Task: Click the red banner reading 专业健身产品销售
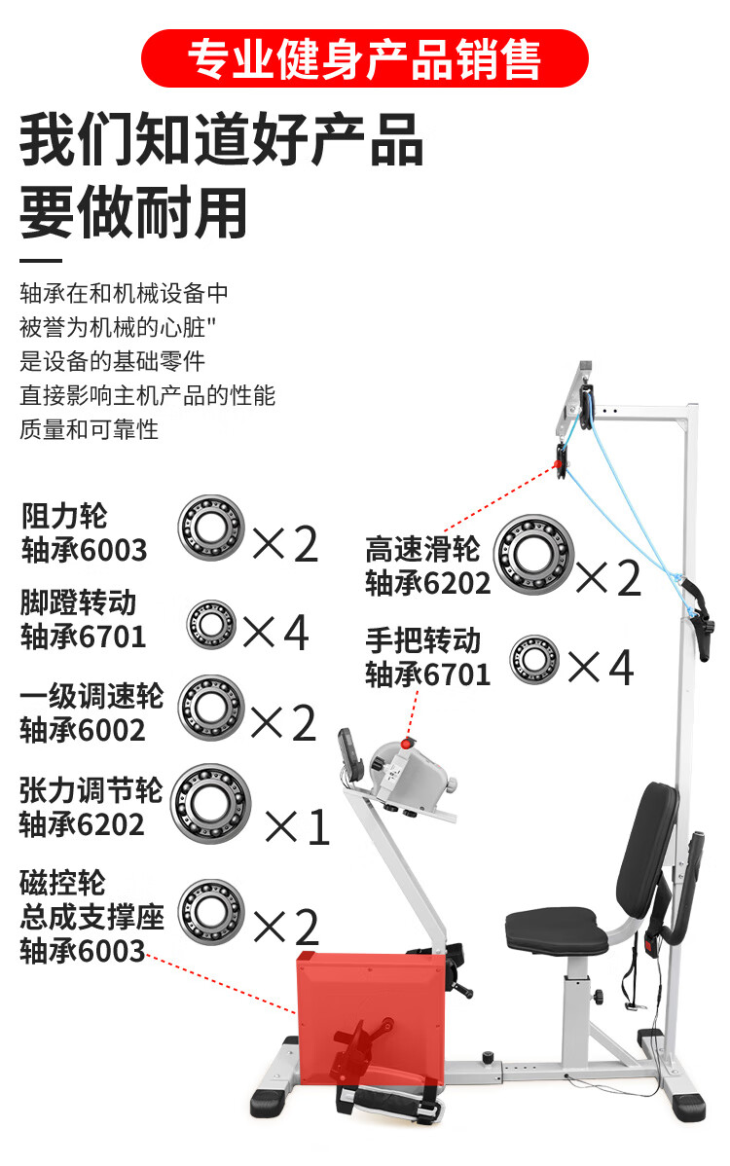(x=364, y=58)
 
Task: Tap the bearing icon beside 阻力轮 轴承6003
(x=211, y=528)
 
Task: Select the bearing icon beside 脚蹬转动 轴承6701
(x=211, y=624)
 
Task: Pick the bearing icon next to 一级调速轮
(x=210, y=708)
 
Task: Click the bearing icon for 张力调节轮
(x=210, y=804)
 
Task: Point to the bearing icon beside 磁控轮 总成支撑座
(x=211, y=912)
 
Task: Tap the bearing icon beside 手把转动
(x=534, y=660)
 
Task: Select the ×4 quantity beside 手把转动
(x=601, y=668)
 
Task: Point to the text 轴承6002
(x=83, y=730)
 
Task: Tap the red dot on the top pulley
(x=560, y=464)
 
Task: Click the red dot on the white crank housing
(x=406, y=745)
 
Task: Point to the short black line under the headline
(x=41, y=261)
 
